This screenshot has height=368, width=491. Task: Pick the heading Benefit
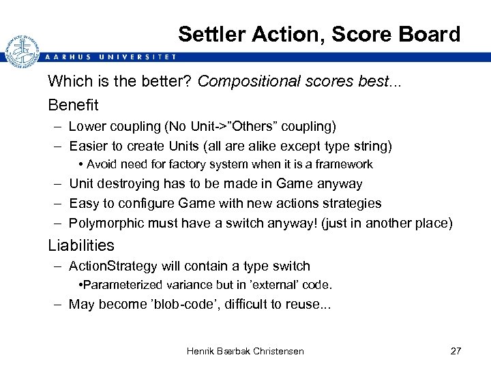[x=73, y=105]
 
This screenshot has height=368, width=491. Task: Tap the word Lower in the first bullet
[x=87, y=127]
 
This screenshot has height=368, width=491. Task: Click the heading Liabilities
[x=81, y=245]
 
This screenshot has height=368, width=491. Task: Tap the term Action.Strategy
[x=113, y=266]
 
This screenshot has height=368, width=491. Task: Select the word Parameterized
[x=125, y=285]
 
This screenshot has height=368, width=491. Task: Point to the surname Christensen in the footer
[x=270, y=351]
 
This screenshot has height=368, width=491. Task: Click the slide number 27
[x=456, y=351]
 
